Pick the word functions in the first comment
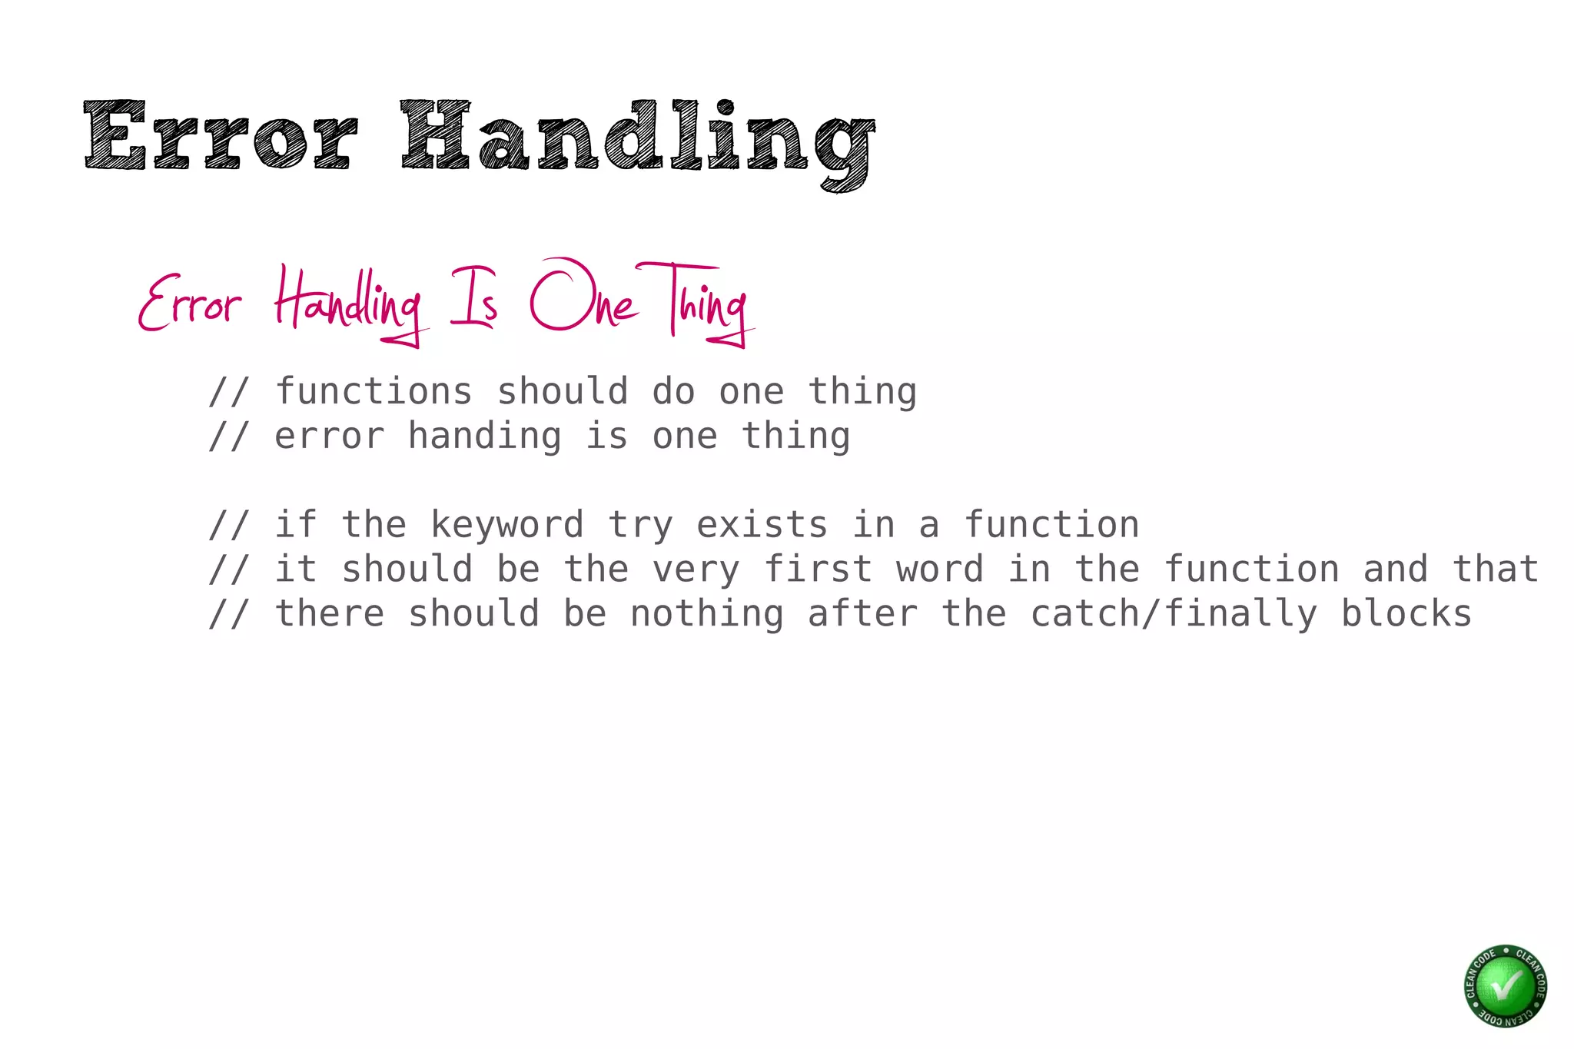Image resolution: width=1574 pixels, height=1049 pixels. point(374,392)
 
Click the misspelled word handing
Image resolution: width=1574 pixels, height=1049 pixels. point(484,437)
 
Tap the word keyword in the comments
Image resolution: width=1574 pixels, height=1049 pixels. point(506,526)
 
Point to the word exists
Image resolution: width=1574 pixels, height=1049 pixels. point(762,526)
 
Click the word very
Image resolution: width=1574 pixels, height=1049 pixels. point(696,570)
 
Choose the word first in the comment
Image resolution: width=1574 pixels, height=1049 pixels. point(819,570)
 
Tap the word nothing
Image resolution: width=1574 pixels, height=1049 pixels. point(706,615)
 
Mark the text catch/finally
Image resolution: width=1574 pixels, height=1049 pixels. point(1174,615)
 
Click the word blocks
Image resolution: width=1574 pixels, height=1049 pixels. point(1406,615)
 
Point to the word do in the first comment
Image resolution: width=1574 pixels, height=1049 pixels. point(673,392)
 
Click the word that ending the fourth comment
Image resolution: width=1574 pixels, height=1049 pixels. point(1495,570)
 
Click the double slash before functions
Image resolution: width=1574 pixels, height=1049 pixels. point(228,392)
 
